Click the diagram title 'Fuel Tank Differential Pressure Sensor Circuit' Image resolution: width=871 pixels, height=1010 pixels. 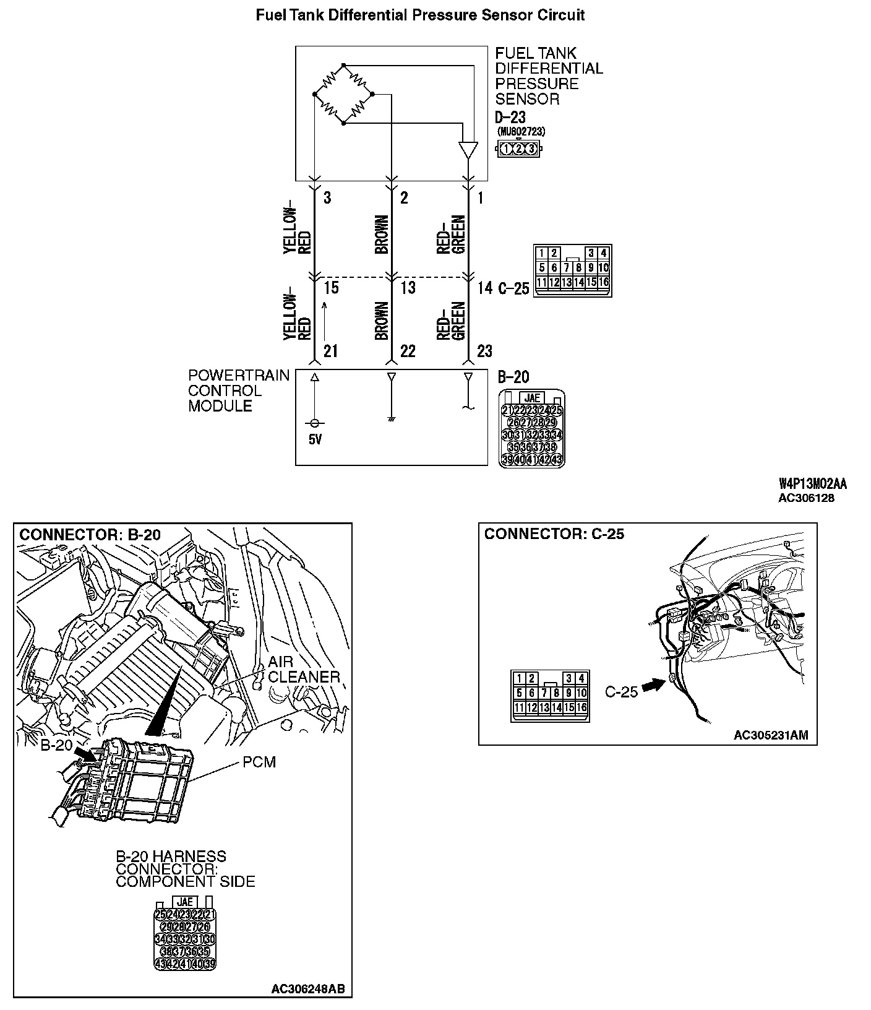(x=420, y=15)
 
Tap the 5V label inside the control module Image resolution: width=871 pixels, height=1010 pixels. (x=315, y=440)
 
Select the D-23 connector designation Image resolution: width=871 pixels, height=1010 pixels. (x=510, y=117)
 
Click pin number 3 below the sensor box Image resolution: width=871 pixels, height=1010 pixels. (x=327, y=198)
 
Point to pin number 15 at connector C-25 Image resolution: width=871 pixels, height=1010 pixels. (x=331, y=288)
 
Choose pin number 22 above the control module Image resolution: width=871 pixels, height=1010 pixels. (x=408, y=352)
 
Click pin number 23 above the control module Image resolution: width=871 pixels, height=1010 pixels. (x=484, y=352)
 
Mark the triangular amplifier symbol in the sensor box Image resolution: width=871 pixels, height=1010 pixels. (x=468, y=150)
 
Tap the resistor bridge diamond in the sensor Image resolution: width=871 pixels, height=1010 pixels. (x=344, y=94)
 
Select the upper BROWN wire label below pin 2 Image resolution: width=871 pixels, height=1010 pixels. (x=382, y=235)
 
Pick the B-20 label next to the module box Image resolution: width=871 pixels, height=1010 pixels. (x=513, y=377)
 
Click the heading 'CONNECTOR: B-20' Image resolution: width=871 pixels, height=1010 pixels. (x=90, y=535)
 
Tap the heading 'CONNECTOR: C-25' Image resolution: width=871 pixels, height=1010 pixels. (x=554, y=534)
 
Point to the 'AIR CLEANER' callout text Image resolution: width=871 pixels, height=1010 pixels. (x=304, y=670)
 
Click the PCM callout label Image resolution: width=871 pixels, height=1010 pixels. (x=259, y=762)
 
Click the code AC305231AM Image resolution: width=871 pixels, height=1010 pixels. (x=771, y=735)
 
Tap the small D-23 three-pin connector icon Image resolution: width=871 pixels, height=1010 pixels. (x=518, y=149)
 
